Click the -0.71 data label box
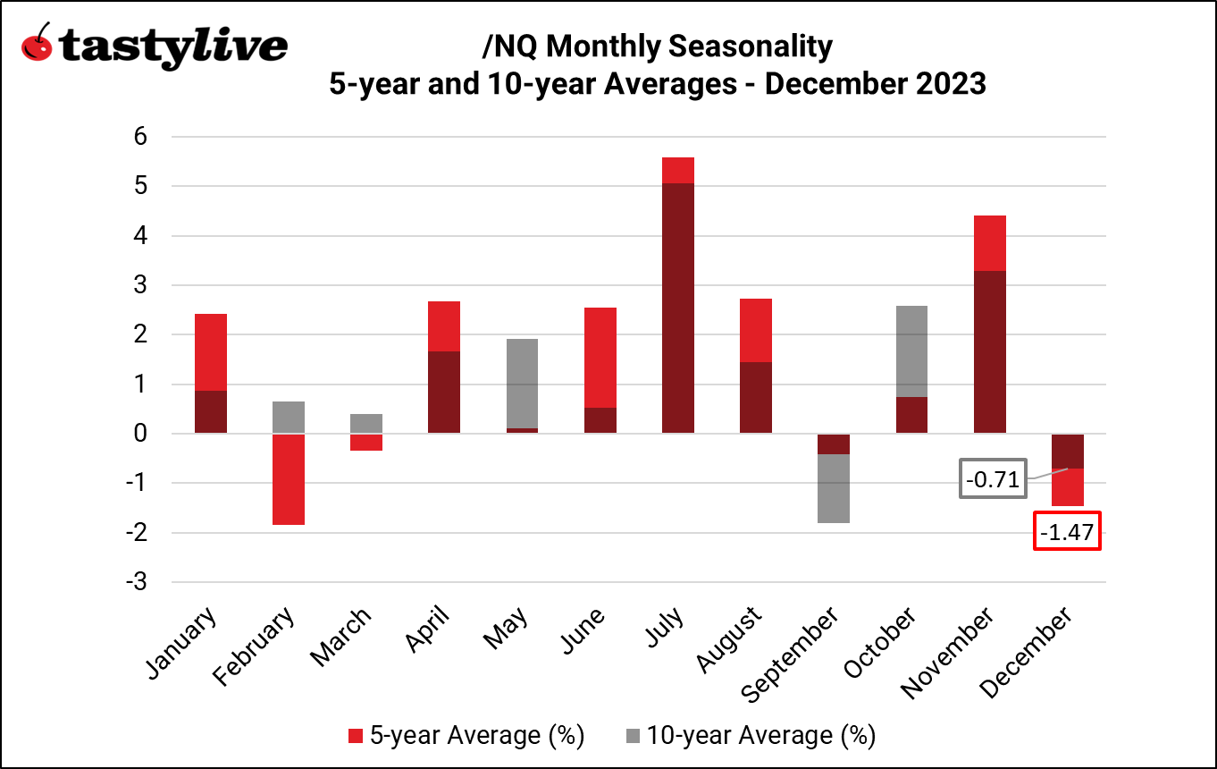pyautogui.click(x=993, y=480)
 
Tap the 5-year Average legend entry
pyautogui.click(x=466, y=735)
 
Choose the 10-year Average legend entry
pyautogui.click(x=749, y=735)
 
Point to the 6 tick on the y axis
pyautogui.click(x=139, y=137)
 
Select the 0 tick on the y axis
pyautogui.click(x=139, y=434)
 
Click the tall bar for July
pyautogui.click(x=678, y=304)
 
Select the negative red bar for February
pyautogui.click(x=289, y=479)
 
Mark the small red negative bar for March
pyautogui.click(x=366, y=442)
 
